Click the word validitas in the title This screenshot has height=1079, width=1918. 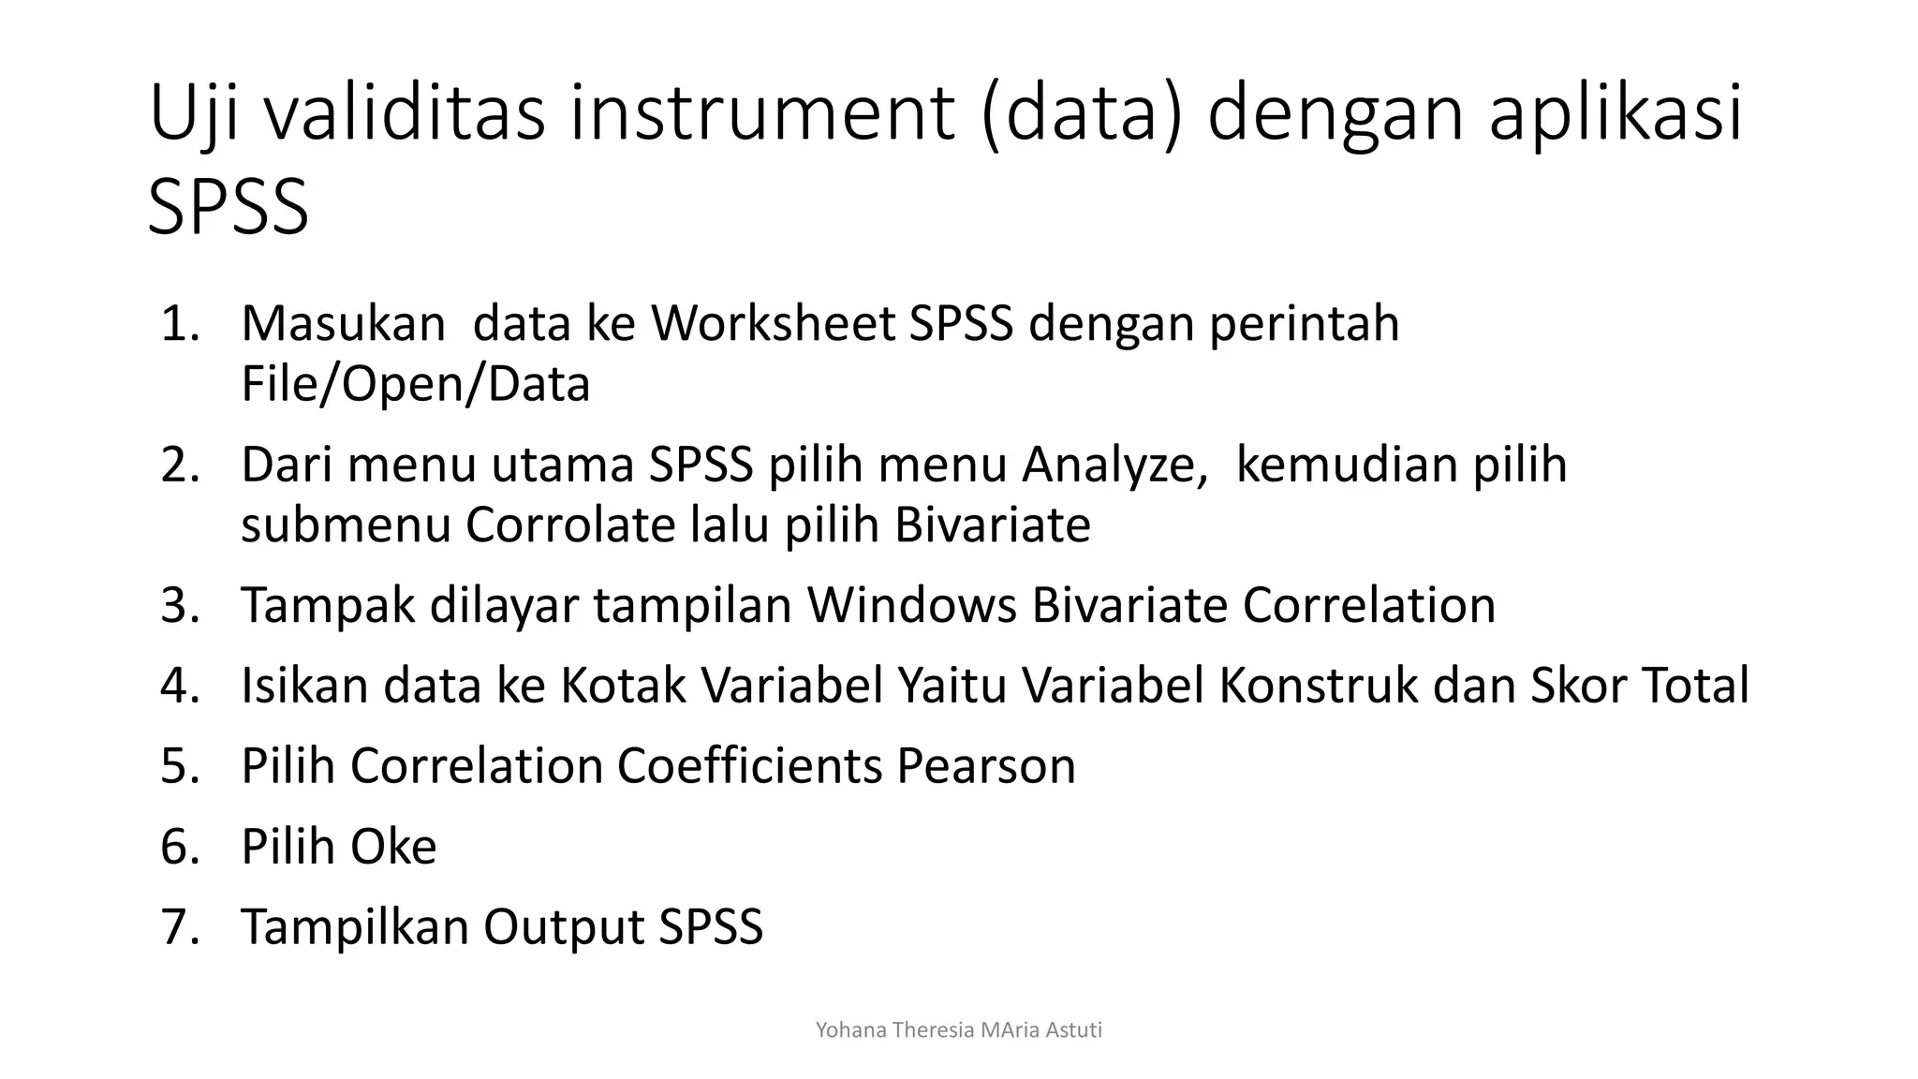pyautogui.click(x=404, y=113)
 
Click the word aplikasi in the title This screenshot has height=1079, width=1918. pyautogui.click(x=1616, y=113)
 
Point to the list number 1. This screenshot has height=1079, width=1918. pyautogui.click(x=181, y=324)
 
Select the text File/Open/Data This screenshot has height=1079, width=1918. pyautogui.click(x=415, y=384)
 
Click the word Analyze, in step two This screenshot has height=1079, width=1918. pyautogui.click(x=1114, y=465)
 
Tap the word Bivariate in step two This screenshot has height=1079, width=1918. pyautogui.click(x=992, y=525)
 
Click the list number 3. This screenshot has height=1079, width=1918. pyautogui.click(x=181, y=605)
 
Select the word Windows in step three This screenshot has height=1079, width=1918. pyautogui.click(x=911, y=605)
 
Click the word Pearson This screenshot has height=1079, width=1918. pyautogui.click(x=986, y=766)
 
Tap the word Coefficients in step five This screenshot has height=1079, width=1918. pyautogui.click(x=749, y=766)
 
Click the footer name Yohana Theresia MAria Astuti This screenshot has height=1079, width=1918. pyautogui.click(x=958, y=1030)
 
